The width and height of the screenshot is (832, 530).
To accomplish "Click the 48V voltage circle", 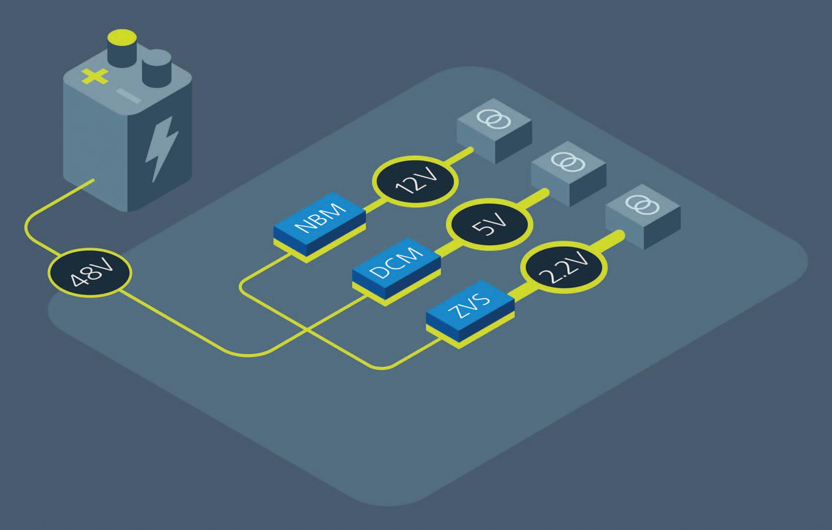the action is (90, 273).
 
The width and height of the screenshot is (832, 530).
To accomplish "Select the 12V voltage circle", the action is (416, 182).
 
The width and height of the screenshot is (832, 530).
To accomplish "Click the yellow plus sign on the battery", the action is (94, 76).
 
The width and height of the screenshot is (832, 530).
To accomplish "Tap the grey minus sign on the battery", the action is (129, 96).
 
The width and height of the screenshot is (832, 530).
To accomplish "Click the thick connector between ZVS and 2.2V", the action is (518, 292).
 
